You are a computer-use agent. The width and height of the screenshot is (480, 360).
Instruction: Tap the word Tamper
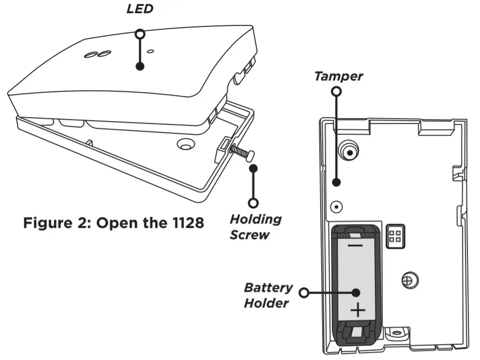338,76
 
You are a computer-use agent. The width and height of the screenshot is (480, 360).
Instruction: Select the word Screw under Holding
250,235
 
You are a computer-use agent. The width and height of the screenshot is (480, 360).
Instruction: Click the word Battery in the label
268,287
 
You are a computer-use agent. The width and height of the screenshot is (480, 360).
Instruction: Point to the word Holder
266,303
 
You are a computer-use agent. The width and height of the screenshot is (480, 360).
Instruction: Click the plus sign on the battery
358,310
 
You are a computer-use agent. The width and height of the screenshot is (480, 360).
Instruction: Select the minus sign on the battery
355,245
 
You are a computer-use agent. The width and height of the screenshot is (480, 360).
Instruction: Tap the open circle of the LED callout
140,33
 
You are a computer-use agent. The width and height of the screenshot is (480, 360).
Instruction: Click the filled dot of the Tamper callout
336,183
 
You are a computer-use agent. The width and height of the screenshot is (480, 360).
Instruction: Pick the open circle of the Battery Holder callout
305,293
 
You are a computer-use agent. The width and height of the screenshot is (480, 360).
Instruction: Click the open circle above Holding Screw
253,202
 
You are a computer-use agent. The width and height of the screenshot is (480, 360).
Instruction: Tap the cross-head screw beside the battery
408,280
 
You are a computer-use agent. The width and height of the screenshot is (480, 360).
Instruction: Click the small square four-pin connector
395,236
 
